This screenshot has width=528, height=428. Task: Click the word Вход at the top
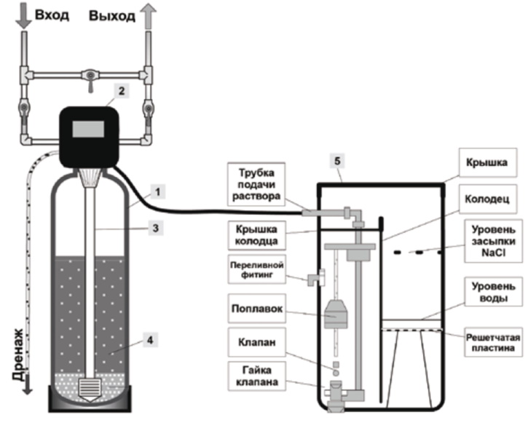pyautogui.click(x=52, y=15)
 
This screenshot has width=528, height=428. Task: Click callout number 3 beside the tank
pyautogui.click(x=155, y=228)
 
